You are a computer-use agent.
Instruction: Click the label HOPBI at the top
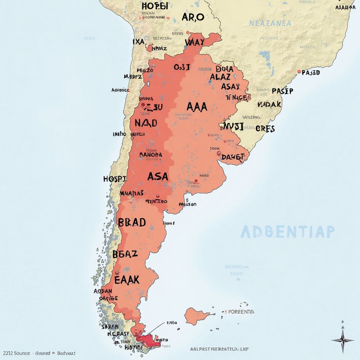click(x=155, y=6)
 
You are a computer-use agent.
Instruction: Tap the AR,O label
click(x=193, y=17)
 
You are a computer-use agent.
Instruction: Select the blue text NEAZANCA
click(x=270, y=24)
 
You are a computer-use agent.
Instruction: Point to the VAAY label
click(x=194, y=43)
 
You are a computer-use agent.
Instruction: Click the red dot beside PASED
click(x=299, y=72)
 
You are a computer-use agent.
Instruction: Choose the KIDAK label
click(x=269, y=104)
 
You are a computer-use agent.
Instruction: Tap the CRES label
click(x=265, y=129)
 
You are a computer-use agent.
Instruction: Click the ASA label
click(x=158, y=176)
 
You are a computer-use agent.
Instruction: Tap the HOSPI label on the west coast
click(x=115, y=179)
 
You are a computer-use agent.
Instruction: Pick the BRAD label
click(x=132, y=223)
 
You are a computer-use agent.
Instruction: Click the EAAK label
click(x=127, y=280)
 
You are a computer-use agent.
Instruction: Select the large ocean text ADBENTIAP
click(x=288, y=232)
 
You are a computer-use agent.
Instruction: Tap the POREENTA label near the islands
click(x=241, y=311)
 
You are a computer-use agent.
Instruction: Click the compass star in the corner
click(x=343, y=340)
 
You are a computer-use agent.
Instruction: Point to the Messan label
click(x=187, y=204)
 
